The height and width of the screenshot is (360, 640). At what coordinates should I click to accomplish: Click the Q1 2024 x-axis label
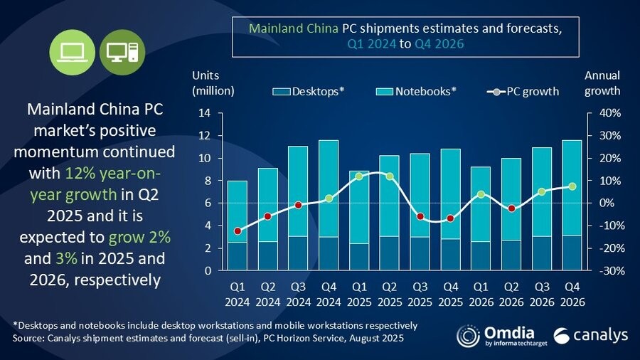pos(238,294)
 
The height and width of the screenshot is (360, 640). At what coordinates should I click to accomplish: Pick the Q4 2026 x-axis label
pos(571,294)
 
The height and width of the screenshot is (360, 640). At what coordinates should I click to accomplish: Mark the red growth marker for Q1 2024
pos(238,231)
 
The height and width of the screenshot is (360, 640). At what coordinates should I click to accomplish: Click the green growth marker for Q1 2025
pos(359,176)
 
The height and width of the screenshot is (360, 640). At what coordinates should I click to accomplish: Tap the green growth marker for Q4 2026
pos(571,186)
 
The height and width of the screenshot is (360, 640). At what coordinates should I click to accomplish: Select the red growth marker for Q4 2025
pos(449,218)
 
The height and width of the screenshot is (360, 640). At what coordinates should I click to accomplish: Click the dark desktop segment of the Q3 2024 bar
pos(298,253)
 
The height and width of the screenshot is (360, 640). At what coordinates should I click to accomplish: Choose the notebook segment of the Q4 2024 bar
pos(329,189)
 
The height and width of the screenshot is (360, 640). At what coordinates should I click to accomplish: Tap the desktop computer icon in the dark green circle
pos(119,51)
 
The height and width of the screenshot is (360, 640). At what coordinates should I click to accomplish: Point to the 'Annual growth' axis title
pos(602,83)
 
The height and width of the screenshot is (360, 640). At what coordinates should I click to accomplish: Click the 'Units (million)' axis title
pos(213,83)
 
